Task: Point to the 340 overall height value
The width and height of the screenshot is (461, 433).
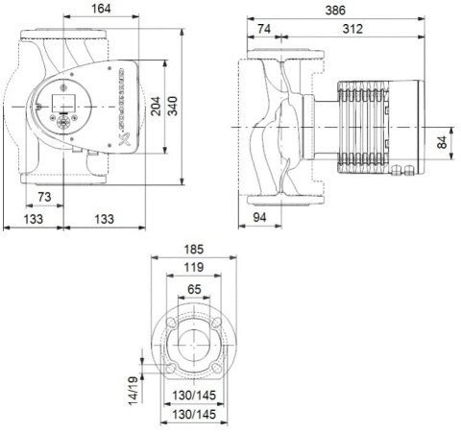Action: [x=174, y=107]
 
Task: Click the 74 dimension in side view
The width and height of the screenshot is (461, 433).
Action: [x=262, y=30]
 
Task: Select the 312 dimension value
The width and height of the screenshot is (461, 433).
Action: [x=352, y=30]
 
